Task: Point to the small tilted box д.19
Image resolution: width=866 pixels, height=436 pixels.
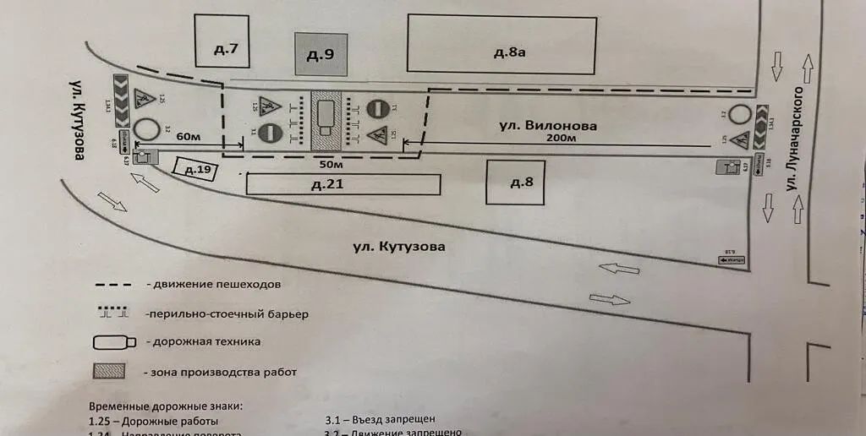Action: tap(195, 169)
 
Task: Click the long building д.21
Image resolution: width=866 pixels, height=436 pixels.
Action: tap(343, 184)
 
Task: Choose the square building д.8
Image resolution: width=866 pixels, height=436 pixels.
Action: tap(514, 182)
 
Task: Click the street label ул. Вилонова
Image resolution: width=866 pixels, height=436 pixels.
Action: tap(548, 125)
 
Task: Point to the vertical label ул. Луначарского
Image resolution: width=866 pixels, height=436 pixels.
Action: tap(794, 161)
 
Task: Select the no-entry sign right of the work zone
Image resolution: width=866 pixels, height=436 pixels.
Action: tap(377, 109)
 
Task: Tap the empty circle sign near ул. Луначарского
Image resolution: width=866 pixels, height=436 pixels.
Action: tap(743, 115)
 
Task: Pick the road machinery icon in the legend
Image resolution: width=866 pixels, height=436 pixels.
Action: tap(113, 341)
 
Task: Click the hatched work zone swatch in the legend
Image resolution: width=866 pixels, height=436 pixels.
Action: tap(110, 370)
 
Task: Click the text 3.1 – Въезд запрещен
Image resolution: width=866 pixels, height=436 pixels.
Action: tap(381, 420)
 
